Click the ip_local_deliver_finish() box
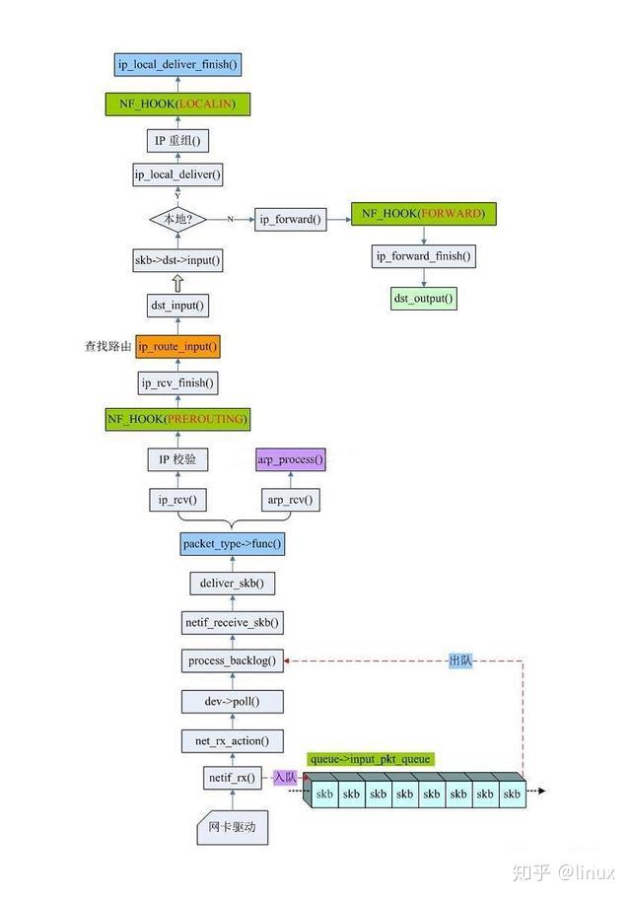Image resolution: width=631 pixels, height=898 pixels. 177,65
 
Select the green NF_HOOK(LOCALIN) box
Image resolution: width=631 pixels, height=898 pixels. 177,104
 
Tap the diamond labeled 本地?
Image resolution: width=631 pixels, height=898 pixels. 177,219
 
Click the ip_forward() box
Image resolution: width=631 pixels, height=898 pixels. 291,220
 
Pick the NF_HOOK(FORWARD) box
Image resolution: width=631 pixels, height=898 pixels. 423,213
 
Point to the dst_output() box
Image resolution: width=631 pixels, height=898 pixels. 424,298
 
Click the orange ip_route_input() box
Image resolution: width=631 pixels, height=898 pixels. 177,347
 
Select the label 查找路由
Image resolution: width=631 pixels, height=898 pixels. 107,347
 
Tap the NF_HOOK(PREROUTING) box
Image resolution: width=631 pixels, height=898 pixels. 177,419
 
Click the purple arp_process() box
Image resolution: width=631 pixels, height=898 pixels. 290,460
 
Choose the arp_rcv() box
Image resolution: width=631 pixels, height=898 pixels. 290,501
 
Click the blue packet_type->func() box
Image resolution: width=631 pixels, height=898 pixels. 232,543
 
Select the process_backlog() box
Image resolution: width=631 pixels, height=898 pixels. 232,660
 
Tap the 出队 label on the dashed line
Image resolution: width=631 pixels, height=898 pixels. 460,660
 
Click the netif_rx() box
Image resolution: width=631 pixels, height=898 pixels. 232,778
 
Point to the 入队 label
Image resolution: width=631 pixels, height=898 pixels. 285,778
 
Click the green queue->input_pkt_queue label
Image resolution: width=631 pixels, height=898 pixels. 371,759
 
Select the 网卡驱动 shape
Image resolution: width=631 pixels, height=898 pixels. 232,829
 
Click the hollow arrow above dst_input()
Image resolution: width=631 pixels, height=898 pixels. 177,283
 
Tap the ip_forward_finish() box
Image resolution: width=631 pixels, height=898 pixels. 424,256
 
